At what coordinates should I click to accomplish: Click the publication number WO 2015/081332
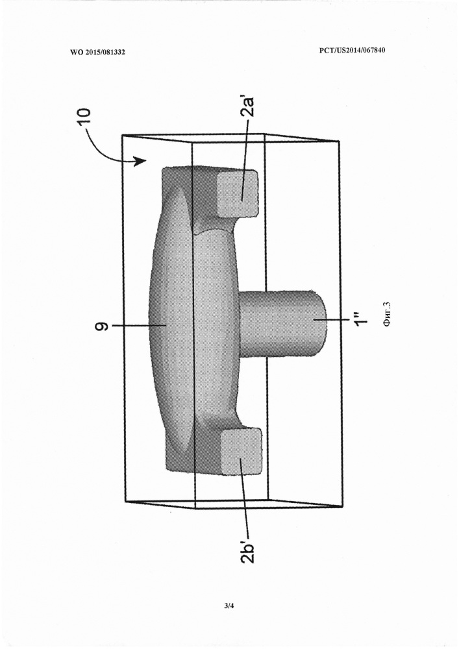pyautogui.click(x=97, y=52)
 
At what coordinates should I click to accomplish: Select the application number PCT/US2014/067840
pyautogui.click(x=353, y=51)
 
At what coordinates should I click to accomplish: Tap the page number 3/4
pyautogui.click(x=229, y=606)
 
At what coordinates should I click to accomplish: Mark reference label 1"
pyautogui.click(x=358, y=320)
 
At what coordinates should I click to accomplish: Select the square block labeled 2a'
pyautogui.click(x=238, y=193)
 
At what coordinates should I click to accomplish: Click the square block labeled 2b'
pyautogui.click(x=242, y=451)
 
